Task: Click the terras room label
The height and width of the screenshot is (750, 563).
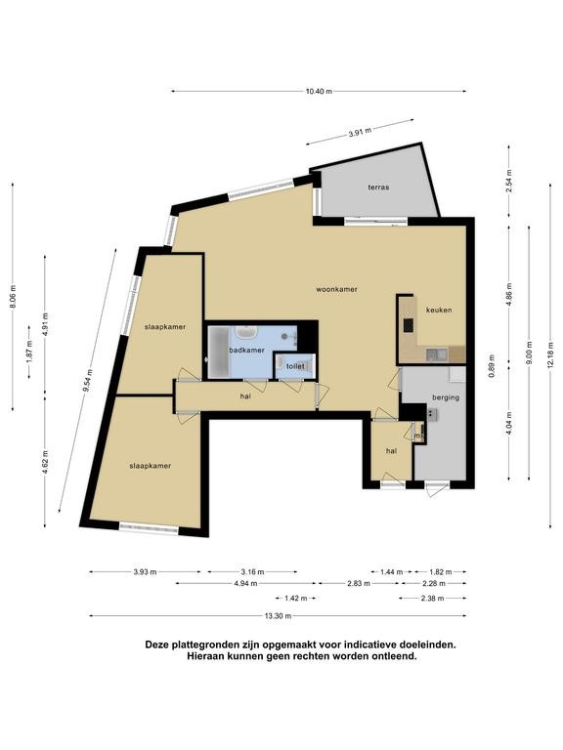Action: [x=378, y=187]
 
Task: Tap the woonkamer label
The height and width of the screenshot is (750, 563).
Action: [x=336, y=289]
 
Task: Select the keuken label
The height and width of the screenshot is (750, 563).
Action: [x=439, y=310]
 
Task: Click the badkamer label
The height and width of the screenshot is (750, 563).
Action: [x=246, y=351]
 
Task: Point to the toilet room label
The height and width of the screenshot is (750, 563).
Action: [x=295, y=366]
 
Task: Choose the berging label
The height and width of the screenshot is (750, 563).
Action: [x=446, y=397]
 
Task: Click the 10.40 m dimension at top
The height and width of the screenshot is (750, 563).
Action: [x=319, y=92]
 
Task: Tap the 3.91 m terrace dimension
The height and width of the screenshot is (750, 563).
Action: [x=360, y=132]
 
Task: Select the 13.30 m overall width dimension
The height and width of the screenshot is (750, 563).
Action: [x=279, y=616]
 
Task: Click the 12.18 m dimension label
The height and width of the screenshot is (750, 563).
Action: [x=550, y=355]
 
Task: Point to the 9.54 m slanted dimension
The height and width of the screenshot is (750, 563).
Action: [x=87, y=381]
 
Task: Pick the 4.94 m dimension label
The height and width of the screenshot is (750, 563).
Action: [x=245, y=584]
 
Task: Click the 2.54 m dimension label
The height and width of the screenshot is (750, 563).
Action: [x=509, y=182]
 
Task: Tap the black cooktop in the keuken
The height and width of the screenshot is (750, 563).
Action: [x=409, y=326]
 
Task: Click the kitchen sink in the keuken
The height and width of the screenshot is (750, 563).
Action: [x=436, y=354]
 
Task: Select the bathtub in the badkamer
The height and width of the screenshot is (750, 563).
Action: [x=220, y=352]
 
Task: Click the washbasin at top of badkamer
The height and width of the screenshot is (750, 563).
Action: [x=246, y=331]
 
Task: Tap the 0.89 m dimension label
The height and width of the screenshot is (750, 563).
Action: [x=491, y=366]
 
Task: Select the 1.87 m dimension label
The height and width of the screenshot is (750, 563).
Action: [x=29, y=352]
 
